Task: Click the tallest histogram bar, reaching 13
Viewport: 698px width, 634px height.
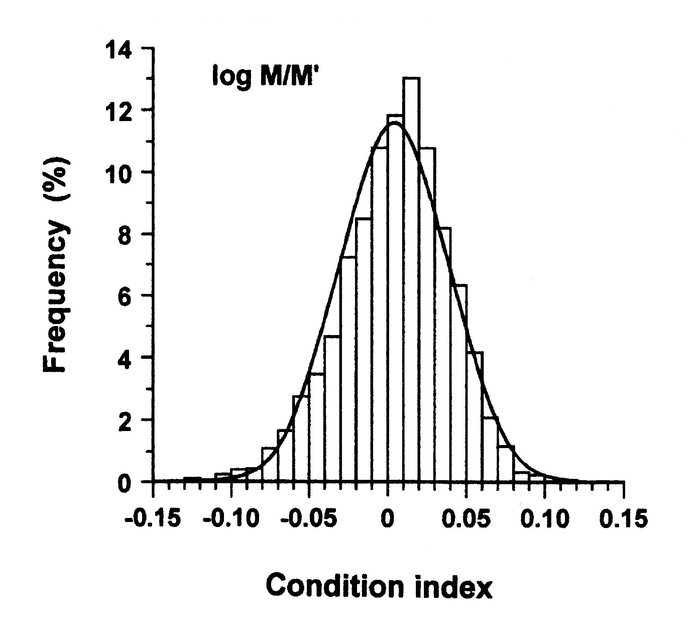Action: coord(411,277)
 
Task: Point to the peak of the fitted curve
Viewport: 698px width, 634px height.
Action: coord(395,125)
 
